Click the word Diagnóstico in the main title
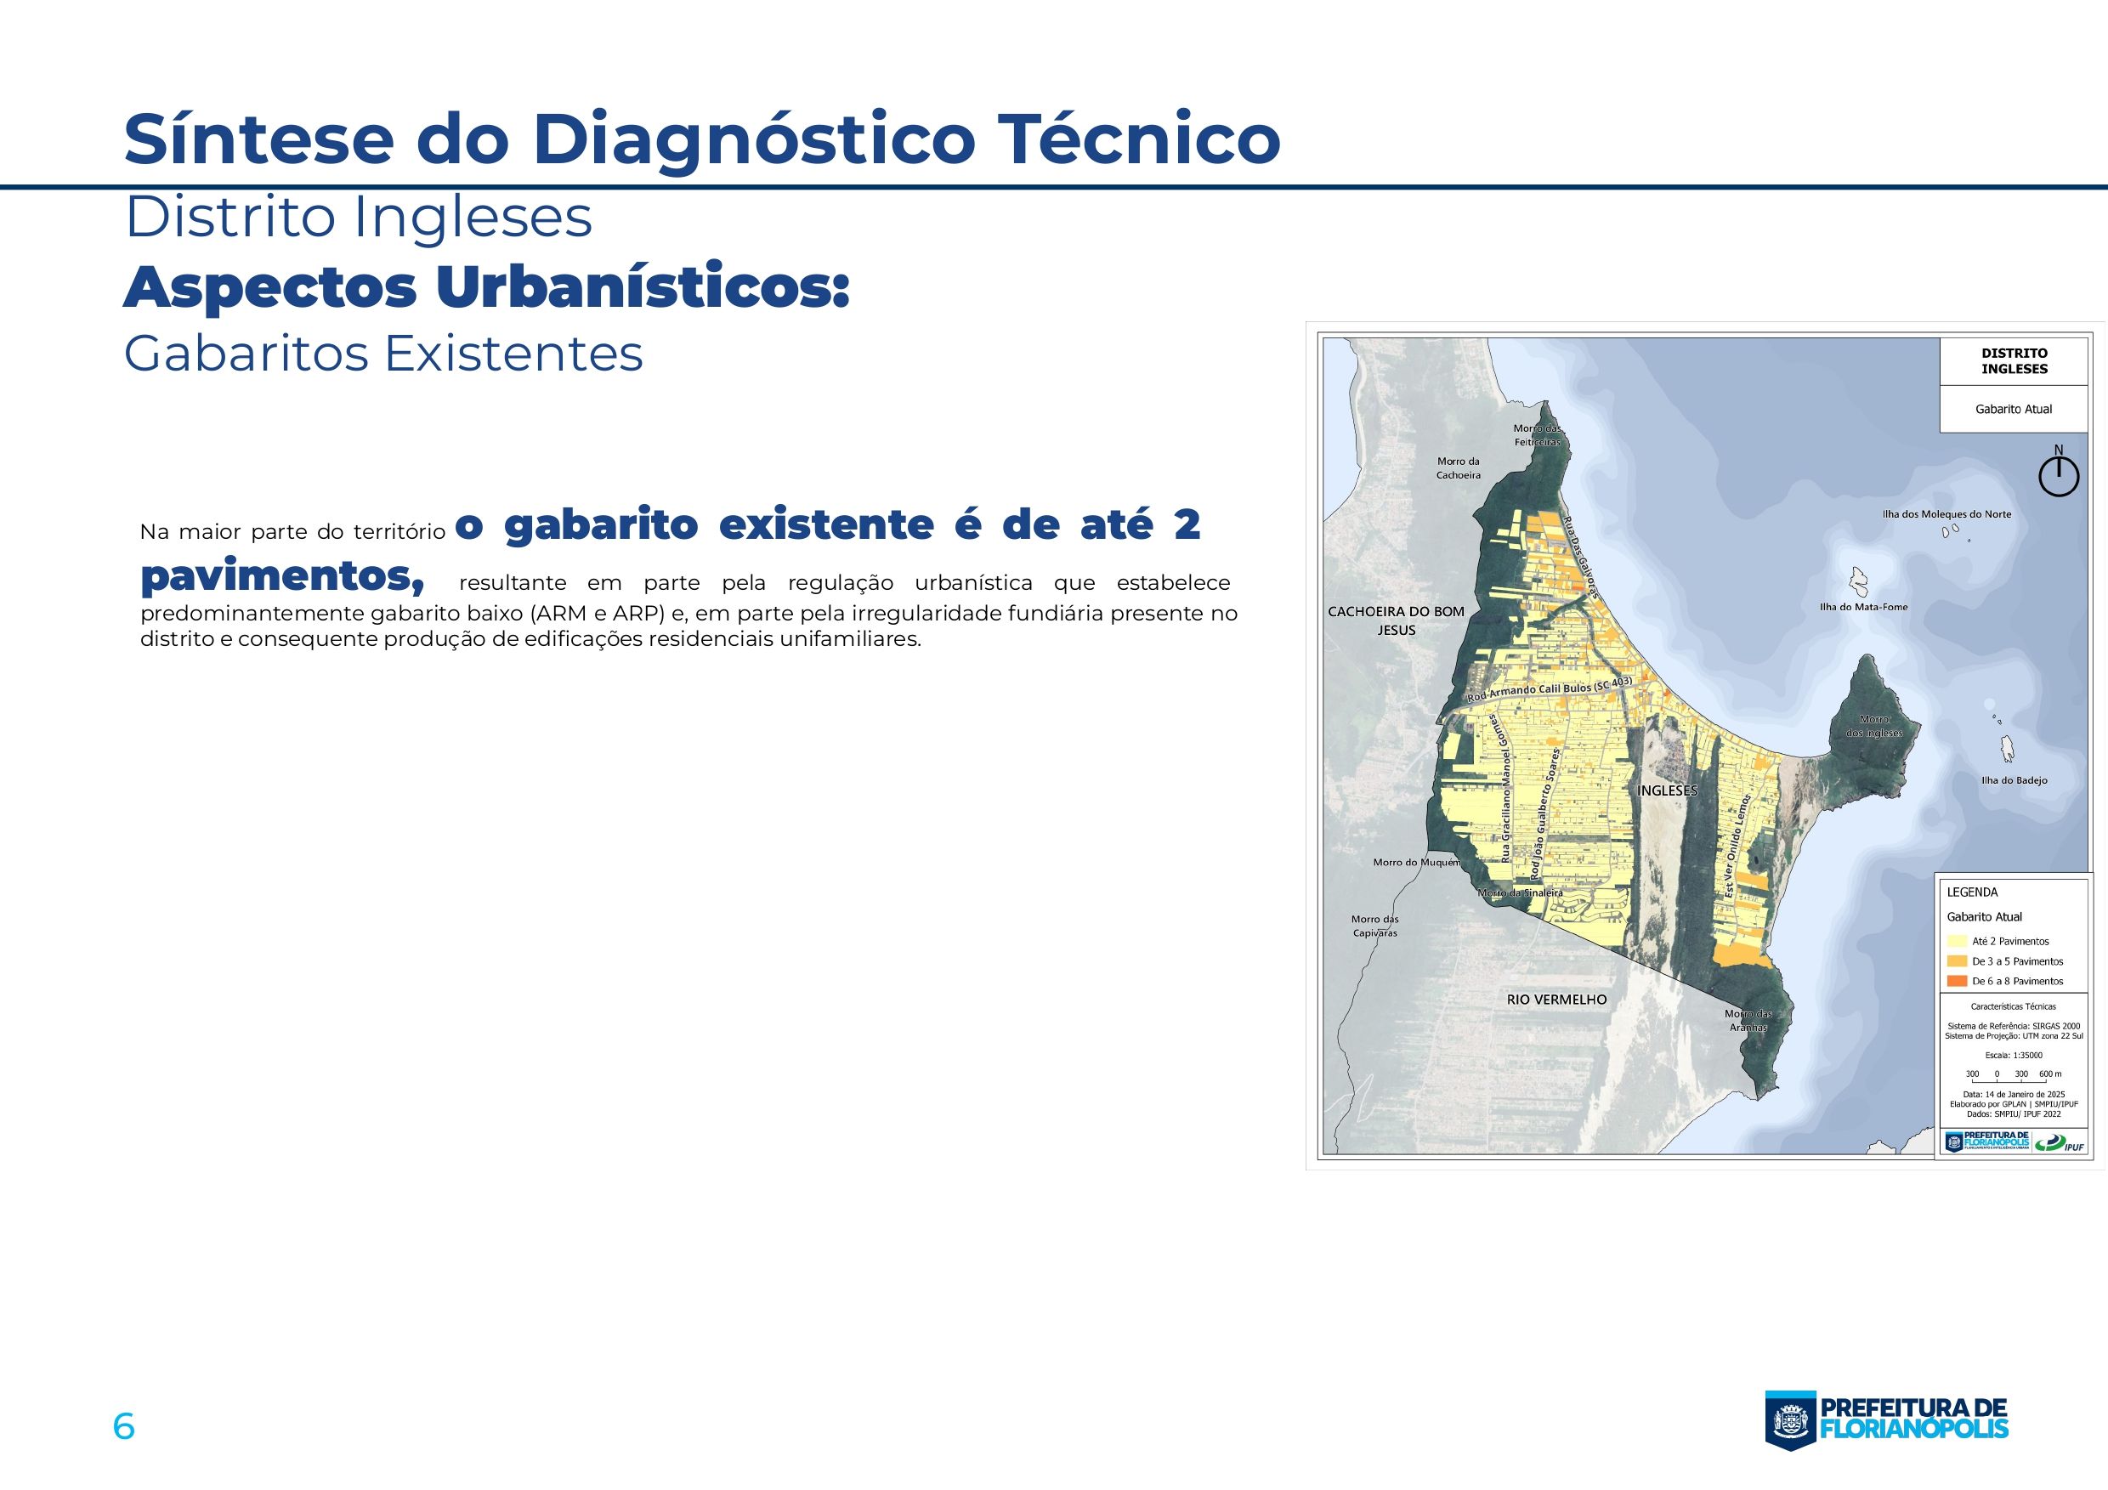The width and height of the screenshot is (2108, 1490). pos(753,139)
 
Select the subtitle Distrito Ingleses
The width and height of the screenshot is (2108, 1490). pos(358,218)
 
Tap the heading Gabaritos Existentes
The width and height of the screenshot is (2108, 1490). pos(382,354)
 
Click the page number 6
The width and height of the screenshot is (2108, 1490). pos(124,1426)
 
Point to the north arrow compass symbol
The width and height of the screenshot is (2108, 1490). pos(2059,473)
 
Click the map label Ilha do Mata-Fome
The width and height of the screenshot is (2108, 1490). pos(1863,607)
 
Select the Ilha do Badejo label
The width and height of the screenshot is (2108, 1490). pos(2014,780)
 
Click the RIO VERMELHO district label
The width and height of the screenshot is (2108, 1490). pos(1556,999)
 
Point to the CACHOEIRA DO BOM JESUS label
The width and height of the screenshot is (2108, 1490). pos(1396,620)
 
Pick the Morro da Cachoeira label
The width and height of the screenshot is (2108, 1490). pos(1458,468)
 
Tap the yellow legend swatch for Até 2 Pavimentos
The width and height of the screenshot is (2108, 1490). pos(1957,941)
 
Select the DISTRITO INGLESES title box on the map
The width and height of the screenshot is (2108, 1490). pos(2014,360)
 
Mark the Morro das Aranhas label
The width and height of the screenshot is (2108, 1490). pos(1748,1021)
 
